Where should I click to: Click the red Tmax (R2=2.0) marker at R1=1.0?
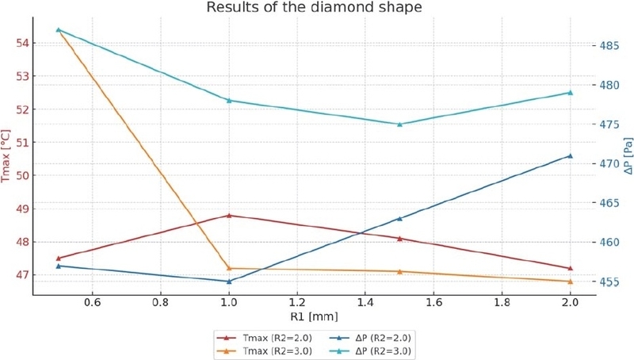click(x=229, y=215)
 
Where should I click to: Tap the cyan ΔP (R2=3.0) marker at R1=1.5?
click(x=399, y=124)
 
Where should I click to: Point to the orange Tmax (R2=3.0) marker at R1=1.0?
click(x=229, y=268)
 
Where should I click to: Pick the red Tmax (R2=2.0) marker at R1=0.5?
click(x=59, y=258)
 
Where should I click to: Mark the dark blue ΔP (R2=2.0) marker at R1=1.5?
click(x=399, y=218)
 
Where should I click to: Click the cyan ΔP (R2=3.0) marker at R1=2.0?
click(x=570, y=92)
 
